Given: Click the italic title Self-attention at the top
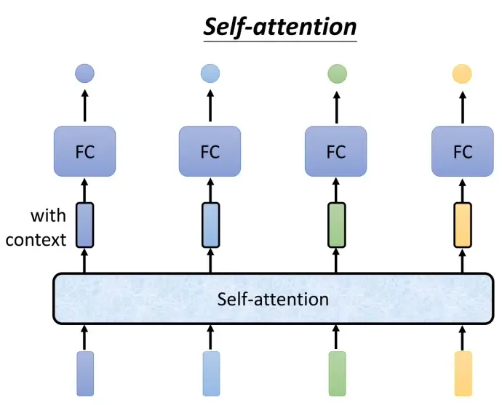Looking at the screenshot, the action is click(280, 27).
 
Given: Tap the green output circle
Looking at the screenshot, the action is click(337, 73).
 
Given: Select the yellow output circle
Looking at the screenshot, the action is click(462, 73).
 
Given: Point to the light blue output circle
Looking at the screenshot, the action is click(210, 73).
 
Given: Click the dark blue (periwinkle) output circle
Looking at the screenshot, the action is click(85, 73).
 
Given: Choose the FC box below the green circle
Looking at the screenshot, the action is click(336, 151).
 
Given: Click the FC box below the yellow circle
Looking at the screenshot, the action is click(463, 151).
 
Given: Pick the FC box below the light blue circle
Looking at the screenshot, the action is click(210, 151).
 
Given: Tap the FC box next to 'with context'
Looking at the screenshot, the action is click(85, 151).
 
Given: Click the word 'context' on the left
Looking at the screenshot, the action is click(36, 240).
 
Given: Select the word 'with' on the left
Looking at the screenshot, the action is click(48, 216).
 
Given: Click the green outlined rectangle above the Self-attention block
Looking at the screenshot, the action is click(337, 225).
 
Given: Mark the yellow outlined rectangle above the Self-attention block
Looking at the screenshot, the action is click(463, 225).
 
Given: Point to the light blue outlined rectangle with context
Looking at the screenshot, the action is click(211, 225).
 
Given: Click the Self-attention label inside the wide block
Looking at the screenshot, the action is click(273, 300).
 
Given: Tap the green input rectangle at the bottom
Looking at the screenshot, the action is click(338, 374).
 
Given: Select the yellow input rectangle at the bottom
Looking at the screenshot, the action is click(463, 374).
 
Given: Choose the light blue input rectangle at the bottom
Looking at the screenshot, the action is click(211, 374).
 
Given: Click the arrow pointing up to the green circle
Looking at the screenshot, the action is click(337, 107).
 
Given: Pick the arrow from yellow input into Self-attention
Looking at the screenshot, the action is click(462, 337).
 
